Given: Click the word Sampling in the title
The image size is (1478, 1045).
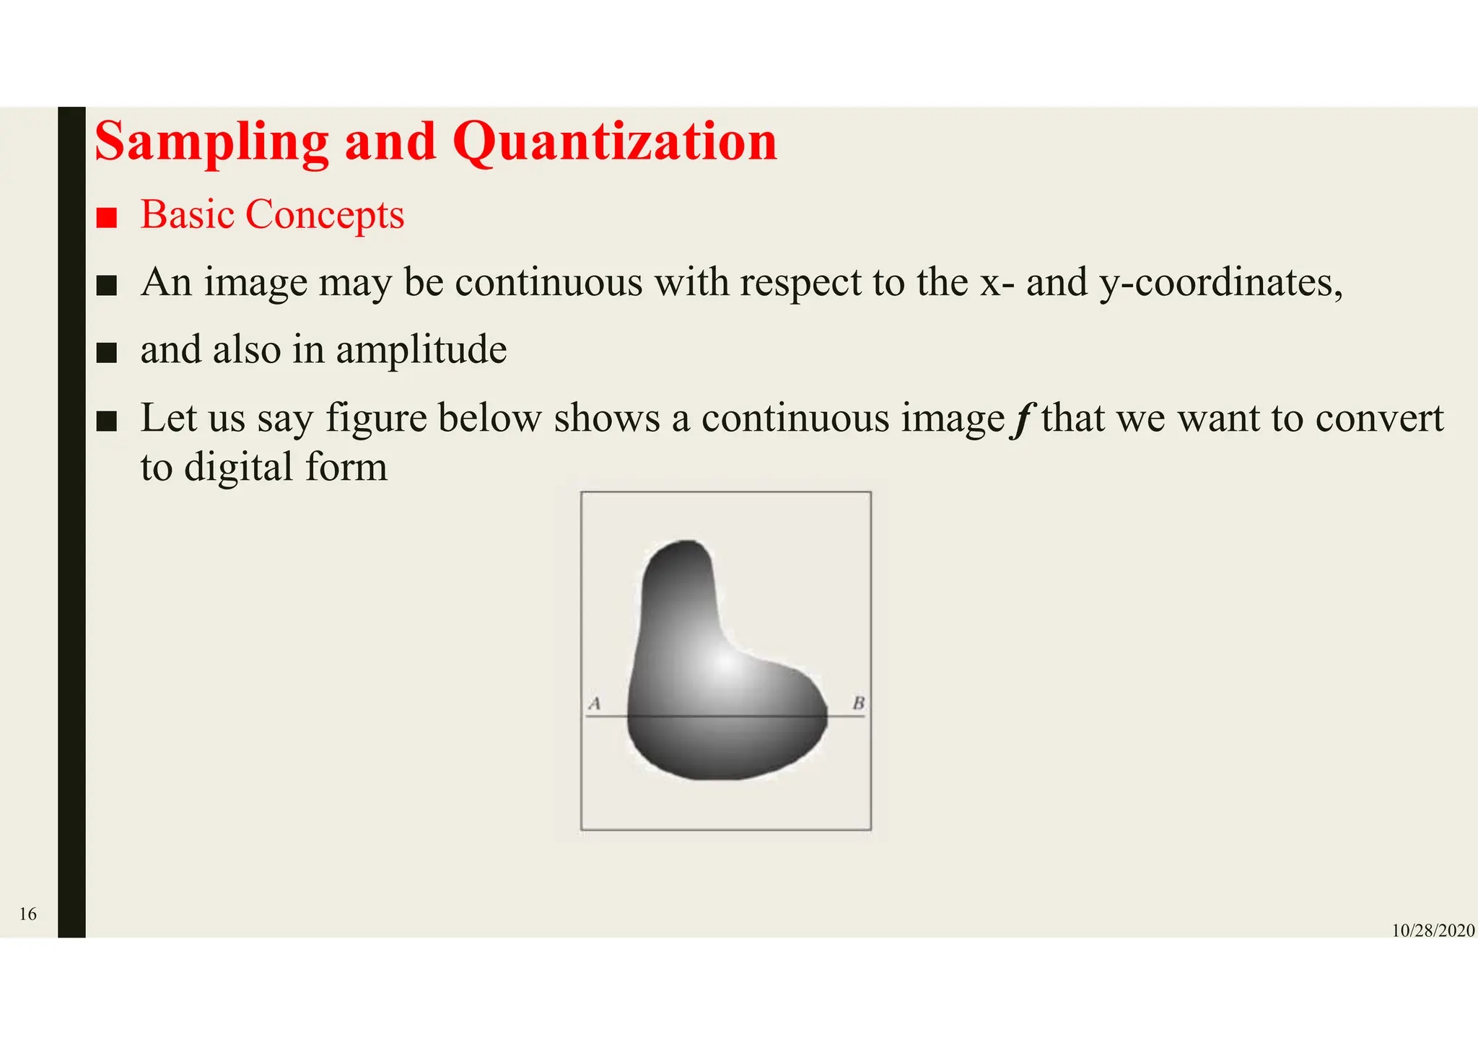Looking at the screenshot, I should pos(211,142).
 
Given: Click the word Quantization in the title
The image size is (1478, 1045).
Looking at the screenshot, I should pos(615,142).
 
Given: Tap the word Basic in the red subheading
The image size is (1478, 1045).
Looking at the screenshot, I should pos(187,215).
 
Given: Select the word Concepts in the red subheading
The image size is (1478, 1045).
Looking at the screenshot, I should pos(325,215).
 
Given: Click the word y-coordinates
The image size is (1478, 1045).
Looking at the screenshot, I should pos(1220,282).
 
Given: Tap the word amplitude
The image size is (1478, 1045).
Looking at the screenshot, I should pos(421,351).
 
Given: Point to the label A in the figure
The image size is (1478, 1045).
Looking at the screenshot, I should pos(595,702).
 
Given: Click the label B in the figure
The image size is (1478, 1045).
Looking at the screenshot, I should pos(858,702).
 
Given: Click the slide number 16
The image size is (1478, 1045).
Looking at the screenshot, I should pos(27,914).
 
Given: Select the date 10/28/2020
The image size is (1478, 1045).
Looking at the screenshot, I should pos(1433,931).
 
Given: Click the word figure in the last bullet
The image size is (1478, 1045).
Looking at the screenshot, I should pos(376,419).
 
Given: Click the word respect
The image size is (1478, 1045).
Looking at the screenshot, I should pos(800,282).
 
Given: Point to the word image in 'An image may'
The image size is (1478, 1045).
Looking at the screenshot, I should pos(255,282).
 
